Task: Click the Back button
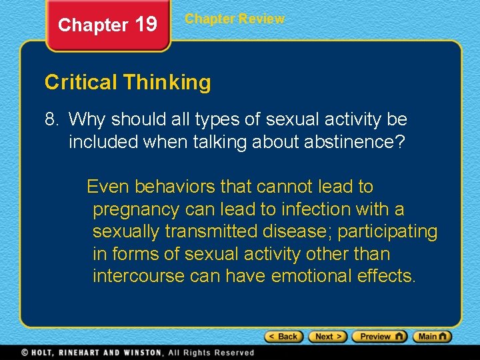tap(284, 337)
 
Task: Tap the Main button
tap(432, 337)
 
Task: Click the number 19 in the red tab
tap(146, 25)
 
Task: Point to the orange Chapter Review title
tap(235, 19)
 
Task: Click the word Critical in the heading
tap(81, 83)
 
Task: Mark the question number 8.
tap(51, 120)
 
